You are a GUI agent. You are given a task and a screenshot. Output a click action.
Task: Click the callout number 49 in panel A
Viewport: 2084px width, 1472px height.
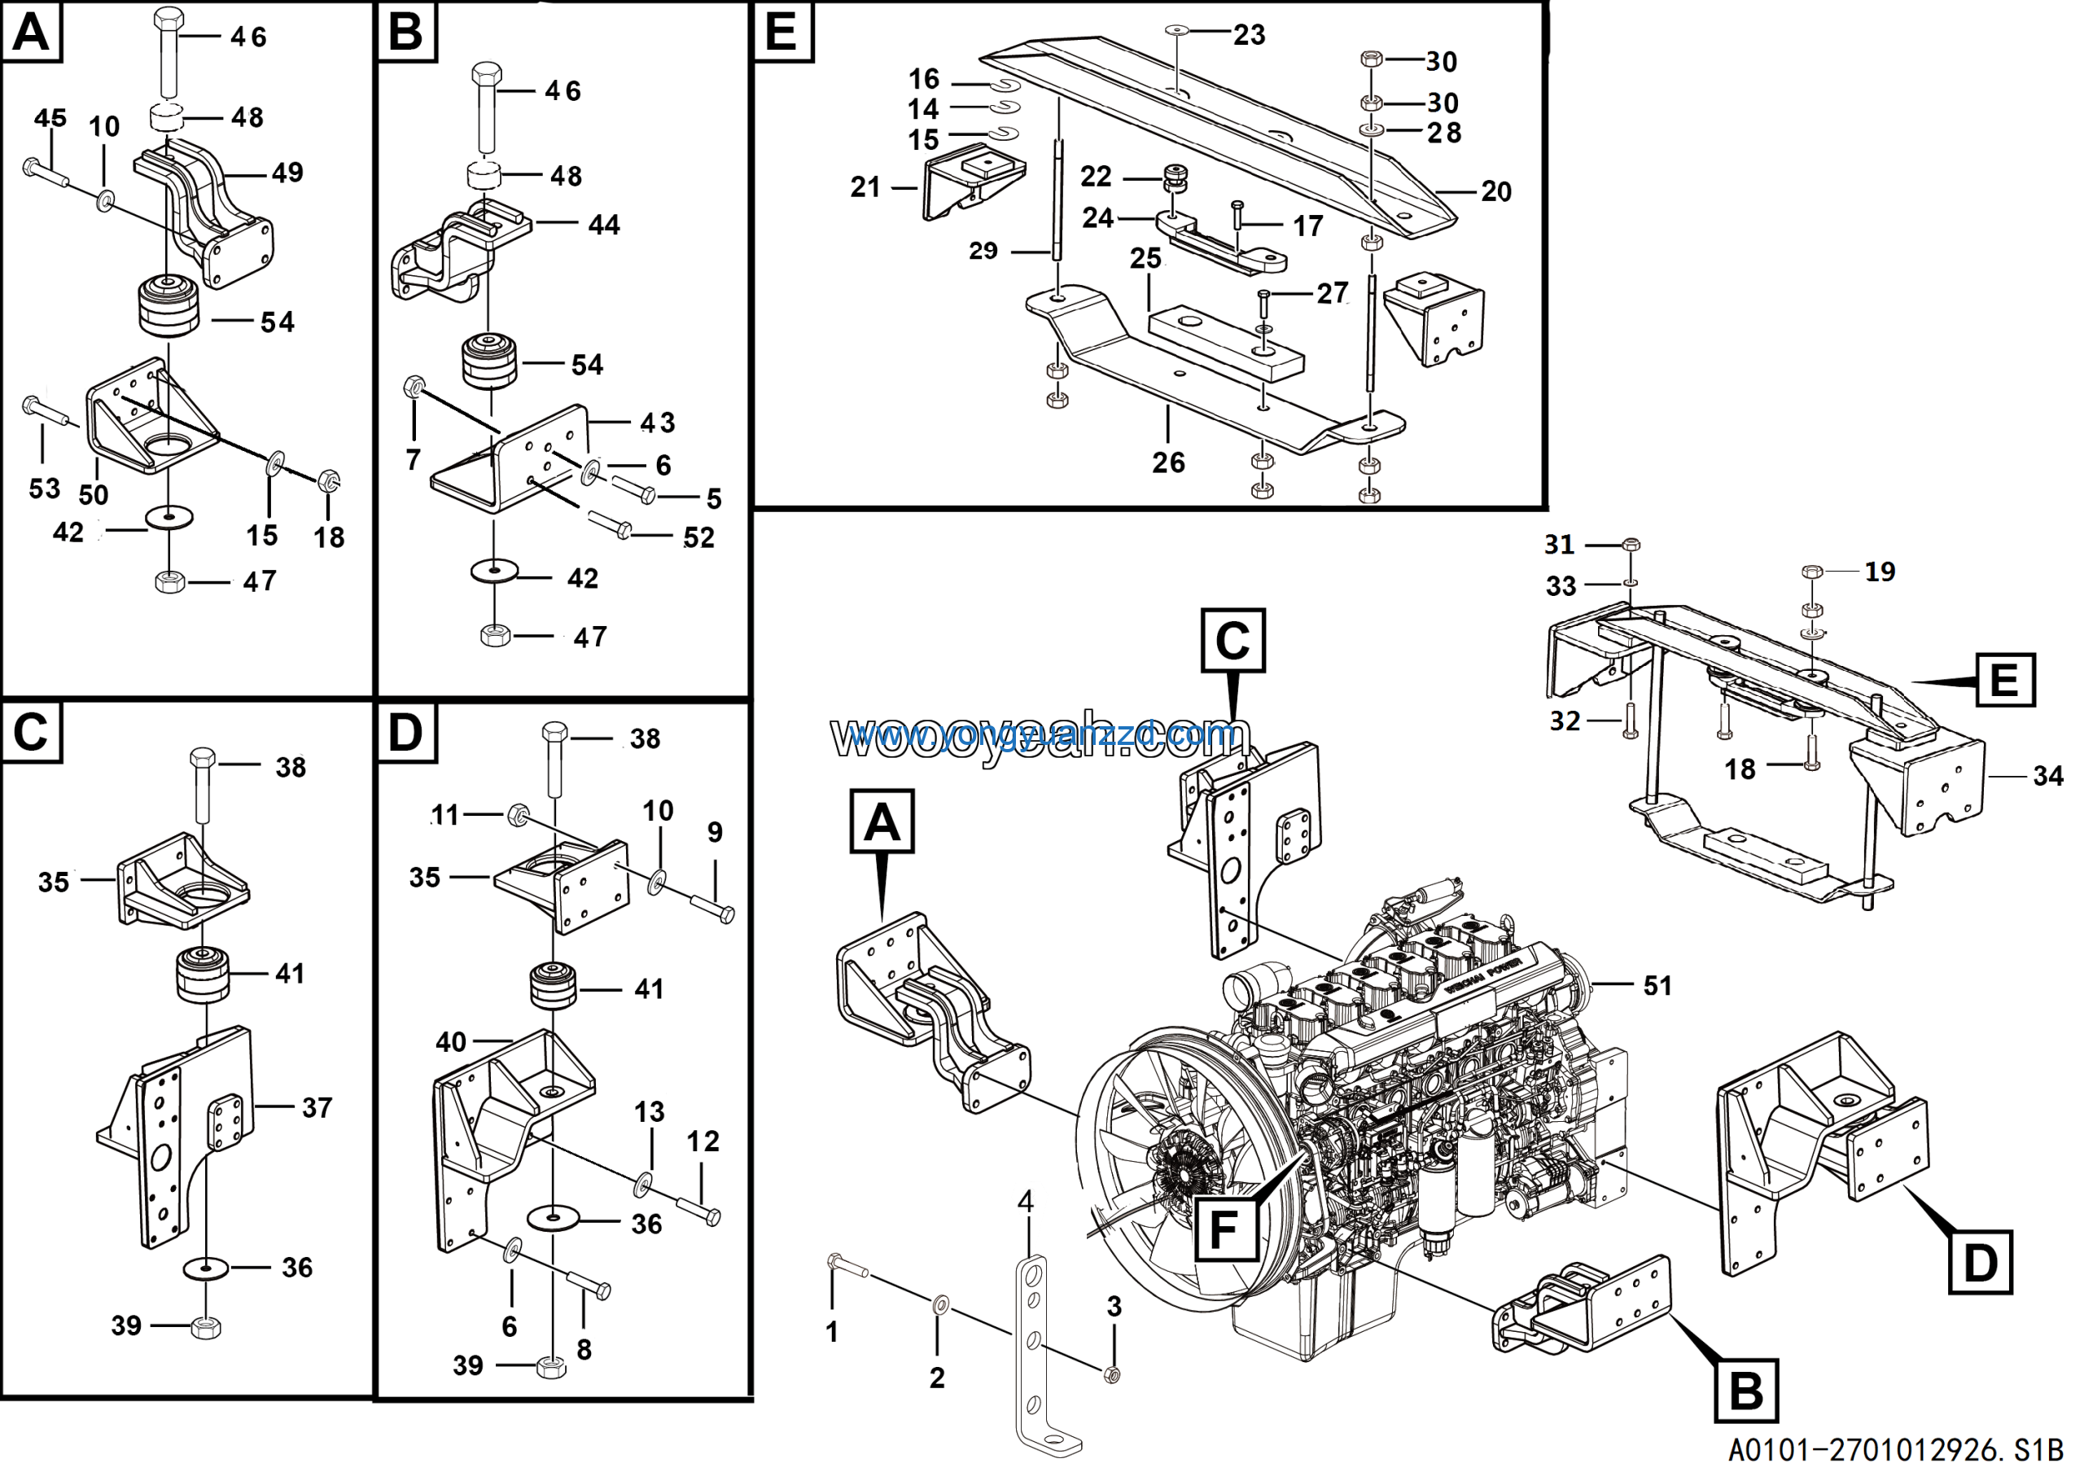click(287, 173)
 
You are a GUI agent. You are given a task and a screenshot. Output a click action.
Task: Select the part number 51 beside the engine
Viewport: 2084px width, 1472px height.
click(1657, 986)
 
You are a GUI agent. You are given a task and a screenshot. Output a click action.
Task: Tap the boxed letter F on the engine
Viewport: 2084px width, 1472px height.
click(1225, 1229)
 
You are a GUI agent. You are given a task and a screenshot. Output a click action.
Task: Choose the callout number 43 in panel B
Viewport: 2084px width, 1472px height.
click(657, 422)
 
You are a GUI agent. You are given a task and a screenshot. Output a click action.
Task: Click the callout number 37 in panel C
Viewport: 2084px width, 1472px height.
click(317, 1107)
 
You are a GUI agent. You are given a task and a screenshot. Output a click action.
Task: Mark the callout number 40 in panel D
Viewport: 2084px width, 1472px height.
click(451, 1042)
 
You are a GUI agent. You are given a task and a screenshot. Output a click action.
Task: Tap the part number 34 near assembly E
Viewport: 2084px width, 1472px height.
click(2047, 776)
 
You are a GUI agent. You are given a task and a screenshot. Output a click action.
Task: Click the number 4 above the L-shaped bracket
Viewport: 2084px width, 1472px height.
click(1026, 1203)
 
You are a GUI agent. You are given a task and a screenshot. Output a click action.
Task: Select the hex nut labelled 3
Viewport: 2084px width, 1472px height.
click(1111, 1374)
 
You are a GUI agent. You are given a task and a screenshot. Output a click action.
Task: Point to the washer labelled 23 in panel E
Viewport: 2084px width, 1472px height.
click(1177, 30)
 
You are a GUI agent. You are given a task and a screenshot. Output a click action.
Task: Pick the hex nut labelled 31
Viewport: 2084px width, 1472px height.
click(1631, 545)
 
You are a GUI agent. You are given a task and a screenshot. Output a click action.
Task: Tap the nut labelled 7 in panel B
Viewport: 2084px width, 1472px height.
click(412, 388)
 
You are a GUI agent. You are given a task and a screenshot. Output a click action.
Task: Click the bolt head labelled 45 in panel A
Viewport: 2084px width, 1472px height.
click(30, 166)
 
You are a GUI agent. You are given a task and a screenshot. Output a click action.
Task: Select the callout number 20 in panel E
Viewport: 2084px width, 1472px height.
click(1495, 191)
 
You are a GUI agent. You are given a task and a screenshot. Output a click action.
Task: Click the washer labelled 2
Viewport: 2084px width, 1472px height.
click(940, 1305)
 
